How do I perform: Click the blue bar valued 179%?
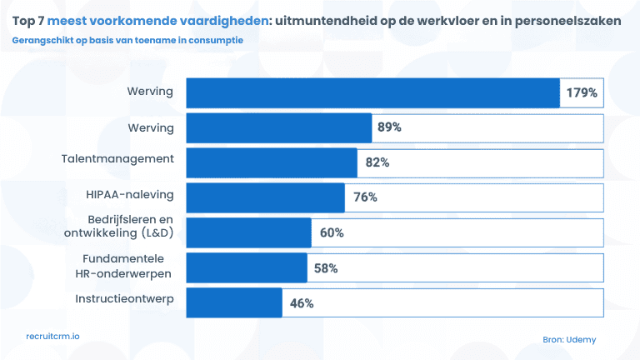tap(372, 93)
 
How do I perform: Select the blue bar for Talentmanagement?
tap(272, 162)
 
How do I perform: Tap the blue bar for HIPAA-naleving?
tap(265, 197)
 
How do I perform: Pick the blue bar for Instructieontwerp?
tap(234, 302)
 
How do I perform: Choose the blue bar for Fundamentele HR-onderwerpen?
tap(247, 267)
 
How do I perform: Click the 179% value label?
tap(582, 93)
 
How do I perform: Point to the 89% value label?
tap(389, 127)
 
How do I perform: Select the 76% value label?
tap(365, 197)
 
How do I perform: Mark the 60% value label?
tap(332, 232)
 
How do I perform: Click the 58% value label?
tap(326, 267)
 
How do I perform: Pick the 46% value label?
tap(302, 303)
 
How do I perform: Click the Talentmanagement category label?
tap(117, 158)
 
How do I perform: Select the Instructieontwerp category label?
tap(124, 298)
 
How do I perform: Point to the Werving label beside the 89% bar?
tap(150, 127)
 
